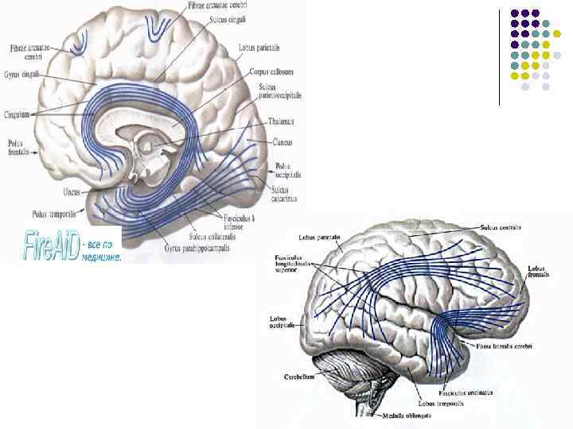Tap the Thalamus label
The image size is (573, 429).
[x=280, y=122]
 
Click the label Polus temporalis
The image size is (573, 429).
[x=55, y=214]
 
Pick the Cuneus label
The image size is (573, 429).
[x=282, y=143]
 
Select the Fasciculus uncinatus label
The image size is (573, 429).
[x=470, y=392]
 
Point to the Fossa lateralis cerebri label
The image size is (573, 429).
[x=505, y=346]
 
